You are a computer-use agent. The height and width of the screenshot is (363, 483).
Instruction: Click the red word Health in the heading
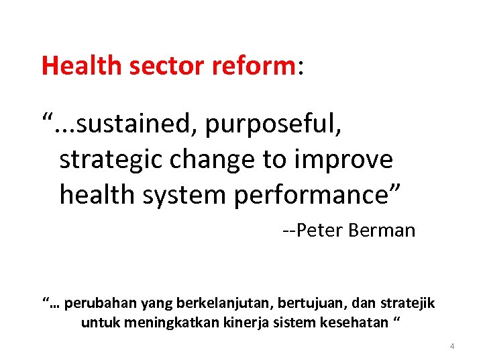coord(81,65)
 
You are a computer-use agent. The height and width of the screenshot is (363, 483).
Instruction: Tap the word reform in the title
coord(251,65)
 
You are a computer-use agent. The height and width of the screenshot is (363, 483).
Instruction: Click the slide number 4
coord(452,346)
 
